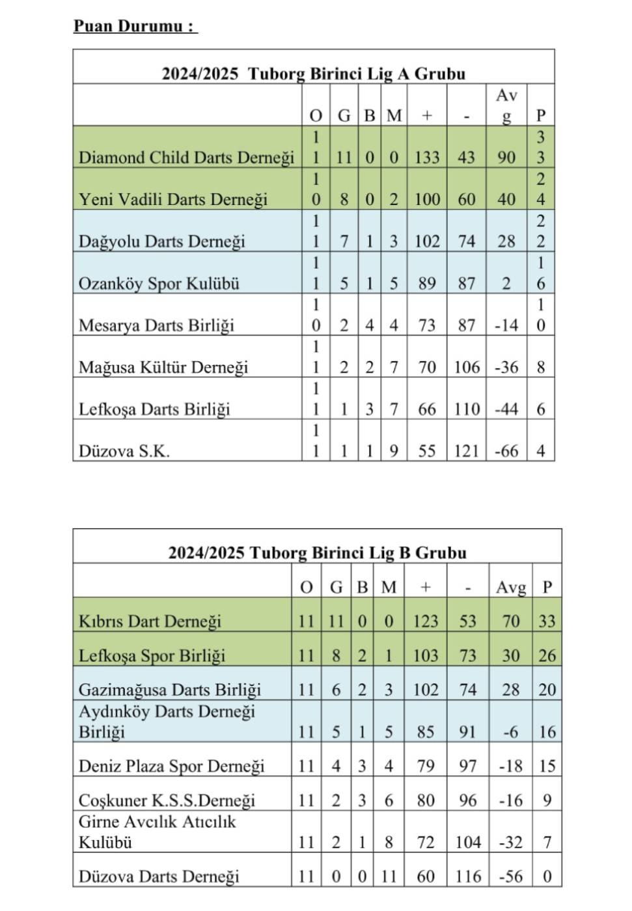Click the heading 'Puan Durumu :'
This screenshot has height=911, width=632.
click(134, 27)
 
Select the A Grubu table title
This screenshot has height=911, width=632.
click(314, 73)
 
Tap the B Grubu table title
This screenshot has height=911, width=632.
click(317, 552)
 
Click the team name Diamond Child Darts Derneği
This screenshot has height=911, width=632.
click(186, 157)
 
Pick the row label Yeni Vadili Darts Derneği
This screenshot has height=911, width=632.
click(173, 199)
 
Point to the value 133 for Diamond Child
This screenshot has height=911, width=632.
click(427, 157)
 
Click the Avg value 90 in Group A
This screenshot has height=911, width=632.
click(506, 157)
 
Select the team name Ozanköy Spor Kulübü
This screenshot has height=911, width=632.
click(159, 283)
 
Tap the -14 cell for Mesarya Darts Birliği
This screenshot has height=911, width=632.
click(506, 325)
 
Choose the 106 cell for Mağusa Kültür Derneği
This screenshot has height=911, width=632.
click(467, 367)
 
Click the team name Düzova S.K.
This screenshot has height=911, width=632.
click(124, 451)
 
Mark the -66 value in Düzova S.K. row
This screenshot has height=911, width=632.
click(506, 451)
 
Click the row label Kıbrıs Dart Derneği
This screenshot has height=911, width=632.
click(150, 621)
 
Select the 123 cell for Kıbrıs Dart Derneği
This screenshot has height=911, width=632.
click(425, 621)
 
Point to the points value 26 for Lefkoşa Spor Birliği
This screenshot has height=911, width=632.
click(547, 655)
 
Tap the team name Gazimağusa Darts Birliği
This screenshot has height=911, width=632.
click(169, 690)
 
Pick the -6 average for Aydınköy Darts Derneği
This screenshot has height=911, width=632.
click(510, 732)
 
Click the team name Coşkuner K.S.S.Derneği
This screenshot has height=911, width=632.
click(167, 800)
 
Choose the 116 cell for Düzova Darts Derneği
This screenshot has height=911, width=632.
click(468, 877)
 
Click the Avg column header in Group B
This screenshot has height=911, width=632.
click(510, 588)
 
